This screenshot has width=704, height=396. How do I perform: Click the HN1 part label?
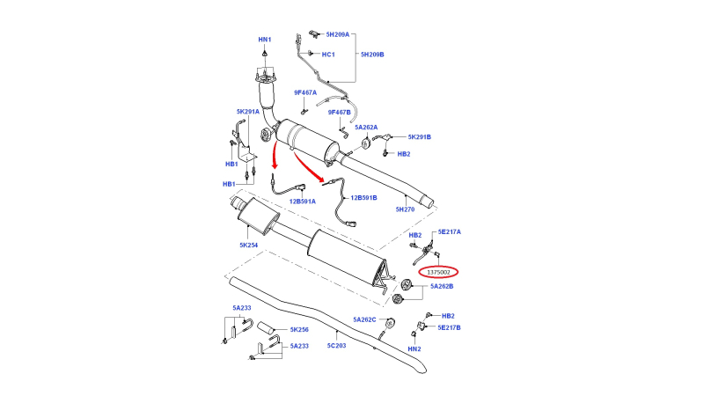coord(265,40)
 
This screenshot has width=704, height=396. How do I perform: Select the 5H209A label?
coord(338,34)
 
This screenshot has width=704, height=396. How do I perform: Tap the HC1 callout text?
coord(328,55)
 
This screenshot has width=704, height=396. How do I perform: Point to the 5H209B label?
coord(372,55)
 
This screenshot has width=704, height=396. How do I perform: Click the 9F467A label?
coord(305,92)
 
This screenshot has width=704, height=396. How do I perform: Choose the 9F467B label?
coord(339,113)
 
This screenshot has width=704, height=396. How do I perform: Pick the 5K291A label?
coord(248,112)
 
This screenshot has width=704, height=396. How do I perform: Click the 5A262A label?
coord(366,127)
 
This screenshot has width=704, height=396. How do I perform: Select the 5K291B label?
coord(420,137)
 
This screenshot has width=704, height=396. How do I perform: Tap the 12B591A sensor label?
coord(302,202)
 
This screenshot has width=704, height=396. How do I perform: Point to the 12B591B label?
coord(363,197)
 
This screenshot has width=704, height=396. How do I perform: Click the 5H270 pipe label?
coord(405,209)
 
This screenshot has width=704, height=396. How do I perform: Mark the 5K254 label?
coord(248,246)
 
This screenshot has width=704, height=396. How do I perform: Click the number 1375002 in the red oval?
coord(438,272)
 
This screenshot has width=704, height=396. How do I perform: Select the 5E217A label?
coord(450,231)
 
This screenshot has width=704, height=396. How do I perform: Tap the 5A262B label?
coord(442,286)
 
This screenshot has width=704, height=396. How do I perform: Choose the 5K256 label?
coord(299,329)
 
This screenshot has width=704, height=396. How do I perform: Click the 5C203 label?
coord(336,345)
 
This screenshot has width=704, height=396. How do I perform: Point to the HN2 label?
coord(414,348)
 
